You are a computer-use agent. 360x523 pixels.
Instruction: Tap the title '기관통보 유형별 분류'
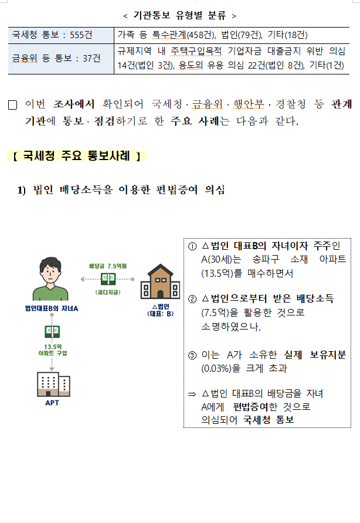(x=180, y=14)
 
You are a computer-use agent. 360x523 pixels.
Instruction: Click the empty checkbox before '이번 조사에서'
(x=13, y=106)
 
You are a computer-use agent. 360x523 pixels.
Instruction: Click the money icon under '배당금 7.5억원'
(x=108, y=279)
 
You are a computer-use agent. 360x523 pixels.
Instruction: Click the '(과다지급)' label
(x=108, y=291)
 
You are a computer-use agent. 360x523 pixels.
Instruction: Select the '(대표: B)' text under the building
(x=160, y=314)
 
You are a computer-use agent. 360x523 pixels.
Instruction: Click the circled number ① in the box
(x=192, y=245)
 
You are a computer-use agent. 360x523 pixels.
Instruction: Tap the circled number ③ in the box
(x=192, y=355)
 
